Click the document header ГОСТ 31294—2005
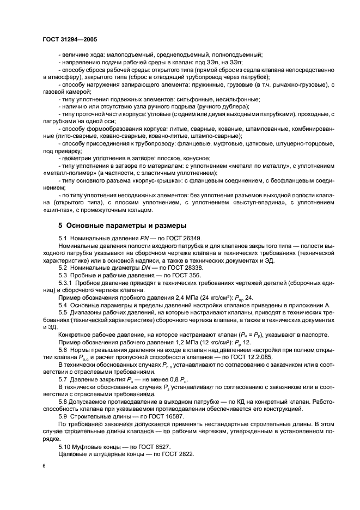tap(70, 40)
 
